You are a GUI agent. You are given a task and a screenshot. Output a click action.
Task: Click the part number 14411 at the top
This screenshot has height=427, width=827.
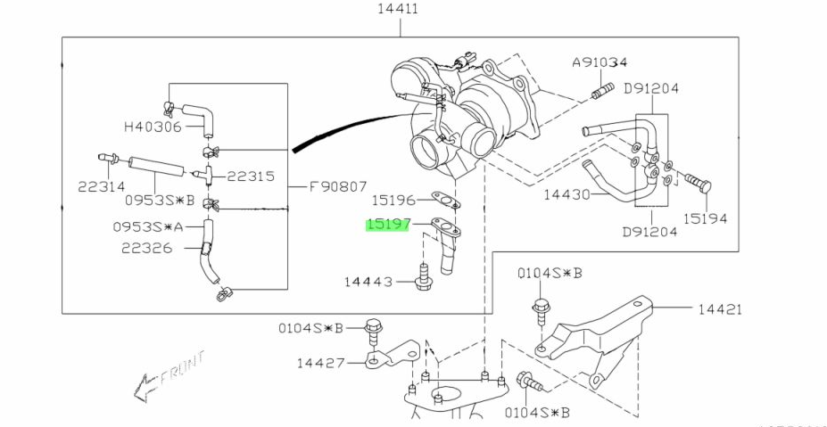pyautogui.click(x=399, y=10)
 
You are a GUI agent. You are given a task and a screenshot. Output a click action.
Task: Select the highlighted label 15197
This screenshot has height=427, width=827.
pyautogui.click(x=386, y=226)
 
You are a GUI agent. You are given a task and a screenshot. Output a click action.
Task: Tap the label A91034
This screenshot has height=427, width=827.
pyautogui.click(x=600, y=62)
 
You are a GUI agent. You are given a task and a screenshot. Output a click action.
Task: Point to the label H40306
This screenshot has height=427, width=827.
pyautogui.click(x=152, y=127)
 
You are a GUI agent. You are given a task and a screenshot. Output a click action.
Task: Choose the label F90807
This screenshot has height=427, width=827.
pyautogui.click(x=337, y=187)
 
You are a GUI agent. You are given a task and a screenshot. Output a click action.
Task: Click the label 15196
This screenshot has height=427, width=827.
pyautogui.click(x=393, y=201)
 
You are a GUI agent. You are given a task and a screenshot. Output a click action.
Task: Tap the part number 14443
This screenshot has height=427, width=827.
pyautogui.click(x=368, y=282)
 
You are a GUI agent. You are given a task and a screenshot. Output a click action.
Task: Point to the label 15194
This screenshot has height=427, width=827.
pyautogui.click(x=706, y=218)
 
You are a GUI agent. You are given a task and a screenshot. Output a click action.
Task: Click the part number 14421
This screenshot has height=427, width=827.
pyautogui.click(x=720, y=309)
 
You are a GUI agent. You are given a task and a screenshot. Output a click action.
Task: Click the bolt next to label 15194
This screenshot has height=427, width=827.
pyautogui.click(x=699, y=184)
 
